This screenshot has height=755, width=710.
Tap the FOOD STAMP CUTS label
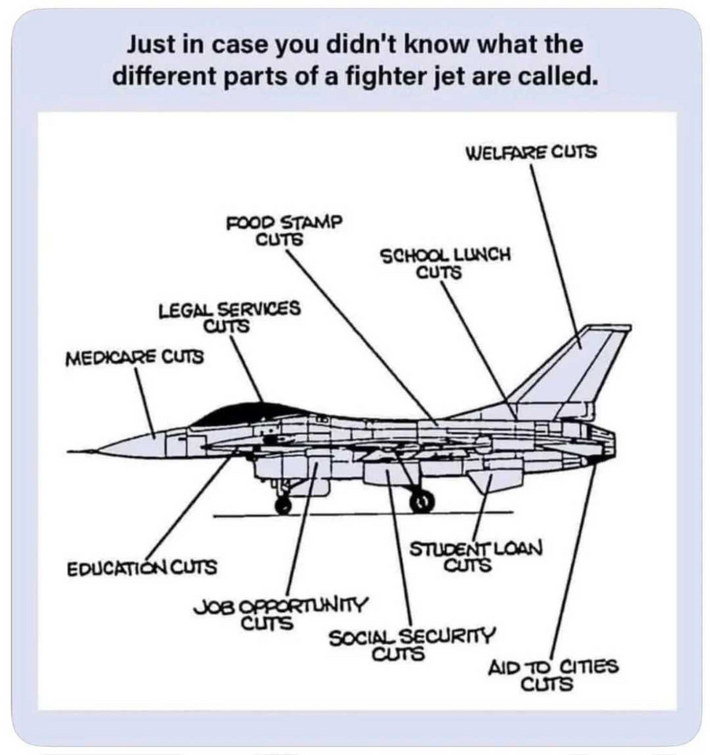(285, 229)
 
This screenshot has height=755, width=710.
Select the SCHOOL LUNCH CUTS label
(445, 262)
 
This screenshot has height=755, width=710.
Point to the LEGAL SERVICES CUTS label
(228, 316)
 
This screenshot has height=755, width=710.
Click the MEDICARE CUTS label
(134, 358)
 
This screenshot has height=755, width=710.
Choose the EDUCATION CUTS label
(142, 567)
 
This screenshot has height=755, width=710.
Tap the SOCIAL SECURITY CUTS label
(412, 643)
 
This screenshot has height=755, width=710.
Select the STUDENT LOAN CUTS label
(477, 556)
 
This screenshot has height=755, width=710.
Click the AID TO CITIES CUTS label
(553, 675)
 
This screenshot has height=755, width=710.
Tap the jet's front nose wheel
(283, 504)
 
